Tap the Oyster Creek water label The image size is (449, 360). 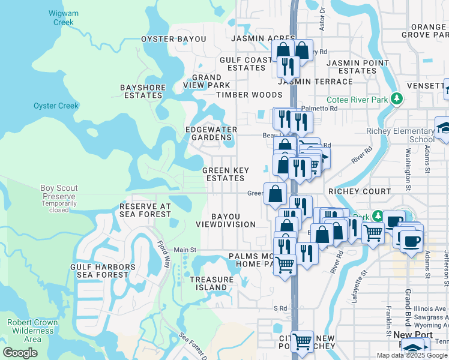click(x=56, y=106)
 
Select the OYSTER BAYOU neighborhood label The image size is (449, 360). click(x=173, y=39)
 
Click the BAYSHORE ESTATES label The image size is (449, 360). click(x=142, y=91)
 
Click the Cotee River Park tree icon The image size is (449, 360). click(x=396, y=98)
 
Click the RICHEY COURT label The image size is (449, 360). click(x=359, y=191)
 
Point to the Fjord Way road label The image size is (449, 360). click(x=164, y=254)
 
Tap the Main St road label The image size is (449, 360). click(x=185, y=250)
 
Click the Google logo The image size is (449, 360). click(x=20, y=353)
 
